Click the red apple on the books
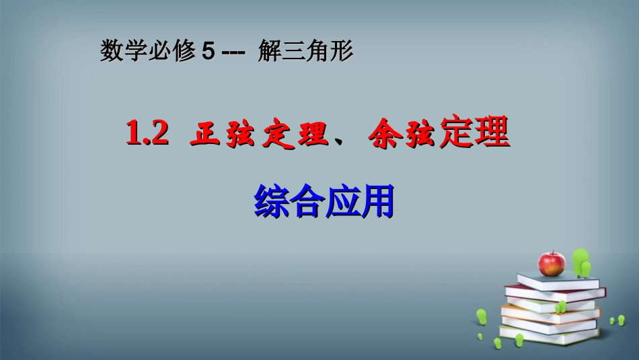coord(552,263)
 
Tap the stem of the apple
coord(553,252)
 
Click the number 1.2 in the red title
coord(146,135)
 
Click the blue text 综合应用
coord(324,200)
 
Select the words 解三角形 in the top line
coord(305,52)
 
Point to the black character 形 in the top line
coord(342,52)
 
